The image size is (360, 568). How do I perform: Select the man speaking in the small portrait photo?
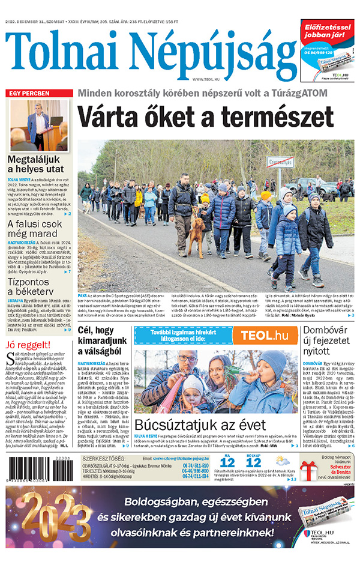tap(37, 123)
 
